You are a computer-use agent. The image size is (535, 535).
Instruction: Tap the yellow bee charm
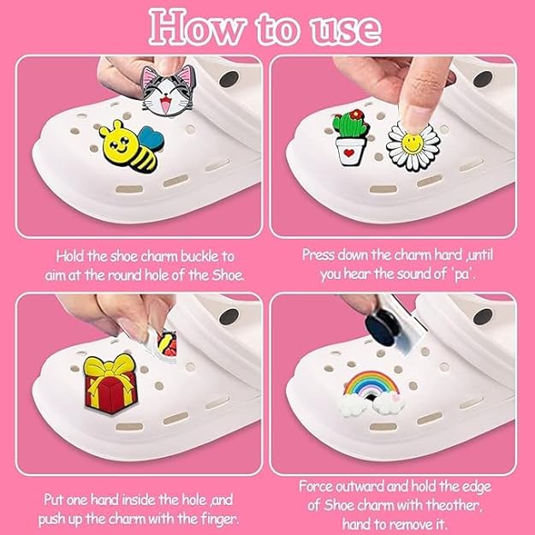click(131, 146)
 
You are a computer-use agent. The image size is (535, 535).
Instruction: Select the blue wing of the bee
click(152, 139)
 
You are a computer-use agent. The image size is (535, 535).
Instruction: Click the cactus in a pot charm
click(351, 138)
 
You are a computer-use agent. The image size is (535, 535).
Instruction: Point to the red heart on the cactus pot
click(348, 153)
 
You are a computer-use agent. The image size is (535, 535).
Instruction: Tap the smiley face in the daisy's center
click(413, 143)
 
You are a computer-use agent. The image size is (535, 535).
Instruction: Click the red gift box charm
click(110, 384)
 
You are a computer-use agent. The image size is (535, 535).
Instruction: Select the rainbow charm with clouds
click(372, 393)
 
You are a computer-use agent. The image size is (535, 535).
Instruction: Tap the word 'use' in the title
click(345, 32)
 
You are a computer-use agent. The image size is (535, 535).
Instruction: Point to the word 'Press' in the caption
click(318, 255)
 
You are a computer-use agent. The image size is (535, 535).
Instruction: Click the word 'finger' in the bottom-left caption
click(219, 520)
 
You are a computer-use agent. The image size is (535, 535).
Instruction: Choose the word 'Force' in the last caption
click(316, 486)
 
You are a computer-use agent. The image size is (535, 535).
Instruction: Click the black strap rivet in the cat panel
click(229, 79)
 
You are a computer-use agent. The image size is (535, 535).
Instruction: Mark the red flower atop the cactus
click(358, 115)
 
